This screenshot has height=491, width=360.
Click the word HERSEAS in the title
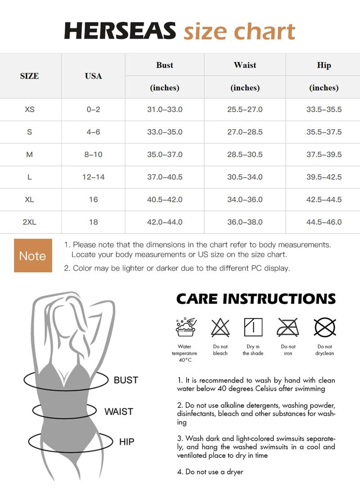(x=120, y=31)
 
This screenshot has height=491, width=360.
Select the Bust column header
(x=165, y=65)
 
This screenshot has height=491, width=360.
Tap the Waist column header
(x=245, y=65)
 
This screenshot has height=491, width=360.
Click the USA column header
(x=93, y=76)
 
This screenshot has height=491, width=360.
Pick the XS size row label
(x=29, y=110)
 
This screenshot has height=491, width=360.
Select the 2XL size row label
(x=29, y=222)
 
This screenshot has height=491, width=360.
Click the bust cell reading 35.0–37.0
(x=165, y=154)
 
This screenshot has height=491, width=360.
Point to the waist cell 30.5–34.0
(x=245, y=177)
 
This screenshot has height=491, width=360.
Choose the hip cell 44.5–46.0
(x=324, y=222)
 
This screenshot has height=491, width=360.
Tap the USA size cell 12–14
(x=93, y=177)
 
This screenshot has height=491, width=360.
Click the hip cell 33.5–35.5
(x=324, y=110)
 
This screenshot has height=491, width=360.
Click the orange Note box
(x=33, y=256)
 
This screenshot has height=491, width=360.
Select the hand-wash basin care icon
(x=186, y=327)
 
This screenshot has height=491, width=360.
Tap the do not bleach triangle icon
(x=220, y=328)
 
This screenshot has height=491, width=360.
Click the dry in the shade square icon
(x=253, y=327)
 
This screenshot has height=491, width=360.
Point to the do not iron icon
(x=288, y=327)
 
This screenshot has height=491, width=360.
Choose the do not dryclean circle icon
(x=325, y=328)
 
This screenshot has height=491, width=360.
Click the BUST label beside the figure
(x=126, y=380)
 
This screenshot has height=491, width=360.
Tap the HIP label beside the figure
(x=126, y=442)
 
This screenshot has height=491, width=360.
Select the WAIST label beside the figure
(x=119, y=411)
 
